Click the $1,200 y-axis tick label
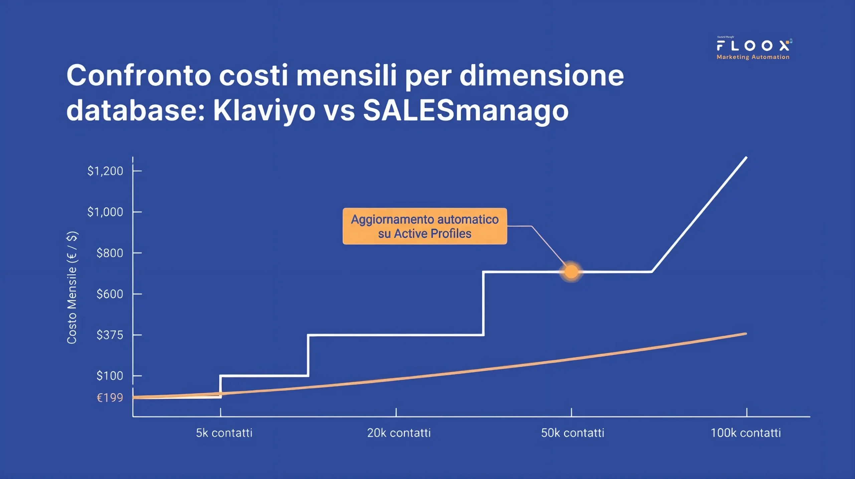pyautogui.click(x=105, y=171)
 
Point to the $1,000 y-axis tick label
pyautogui.click(x=105, y=212)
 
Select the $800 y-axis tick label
pyautogui.click(x=110, y=253)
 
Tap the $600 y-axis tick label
pyautogui.click(x=110, y=294)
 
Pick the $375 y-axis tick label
pyautogui.click(x=110, y=335)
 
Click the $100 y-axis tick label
pyautogui.click(x=110, y=376)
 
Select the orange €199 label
pyautogui.click(x=110, y=398)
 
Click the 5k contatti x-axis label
pyautogui.click(x=224, y=433)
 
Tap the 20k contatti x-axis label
pyautogui.click(x=399, y=433)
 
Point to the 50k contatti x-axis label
pyautogui.click(x=572, y=433)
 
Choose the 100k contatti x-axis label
pyautogui.click(x=745, y=433)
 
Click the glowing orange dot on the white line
pyautogui.click(x=571, y=272)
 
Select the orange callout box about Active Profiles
pyautogui.click(x=424, y=226)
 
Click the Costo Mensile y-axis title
pyautogui.click(x=72, y=287)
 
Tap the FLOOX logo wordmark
pyautogui.click(x=753, y=45)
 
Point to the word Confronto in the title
pyautogui.click(x=139, y=76)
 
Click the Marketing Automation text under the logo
pyautogui.click(x=753, y=57)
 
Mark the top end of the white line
pyautogui.click(x=746, y=157)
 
